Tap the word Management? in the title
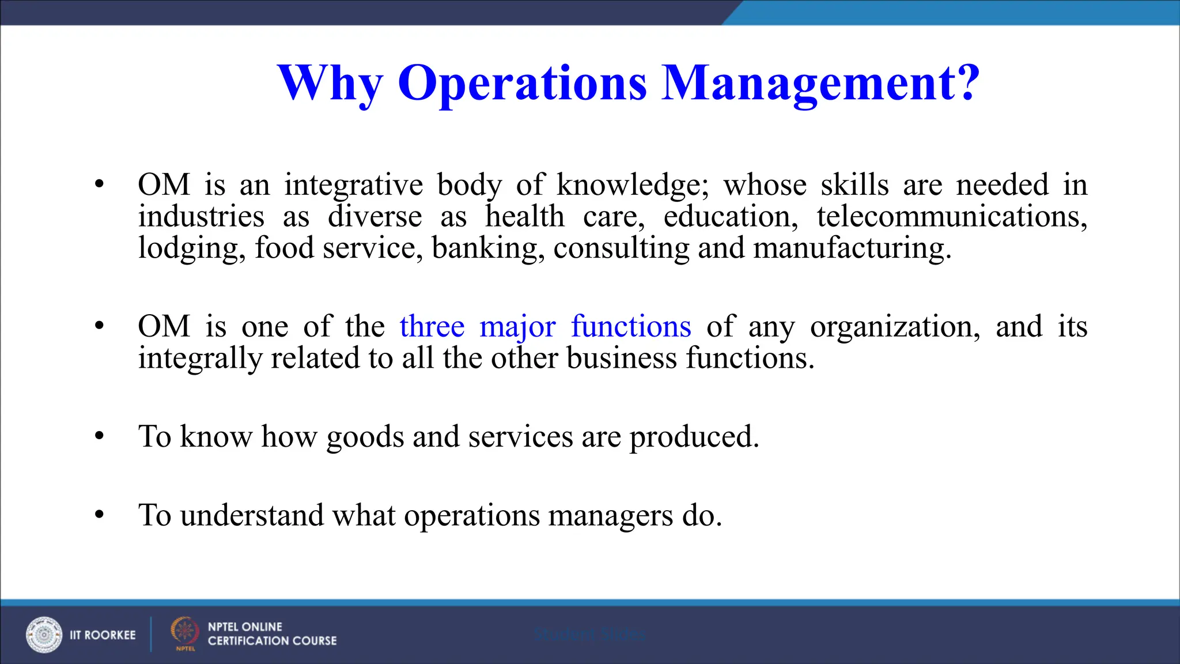820,84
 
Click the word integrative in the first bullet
353,186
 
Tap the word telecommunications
952,217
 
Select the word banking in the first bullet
488,248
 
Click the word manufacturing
852,248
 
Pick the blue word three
432,327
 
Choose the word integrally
200,359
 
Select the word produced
694,437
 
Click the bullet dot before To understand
100,514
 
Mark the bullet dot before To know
100,436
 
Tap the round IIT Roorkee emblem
44,635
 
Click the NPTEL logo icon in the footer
184,632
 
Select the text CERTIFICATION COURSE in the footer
272,641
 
